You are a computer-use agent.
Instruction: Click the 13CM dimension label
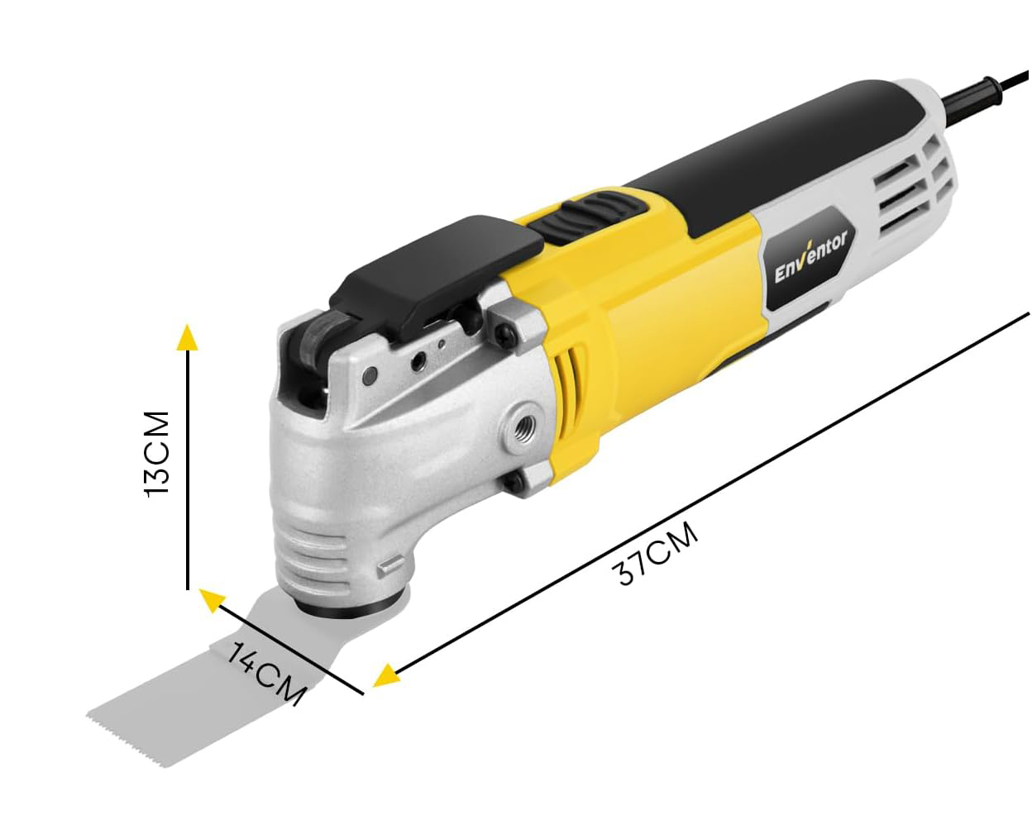click(x=157, y=454)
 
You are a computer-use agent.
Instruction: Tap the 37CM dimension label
click(x=657, y=554)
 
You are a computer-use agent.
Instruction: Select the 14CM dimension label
click(x=266, y=674)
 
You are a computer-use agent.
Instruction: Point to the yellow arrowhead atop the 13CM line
click(x=187, y=338)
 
